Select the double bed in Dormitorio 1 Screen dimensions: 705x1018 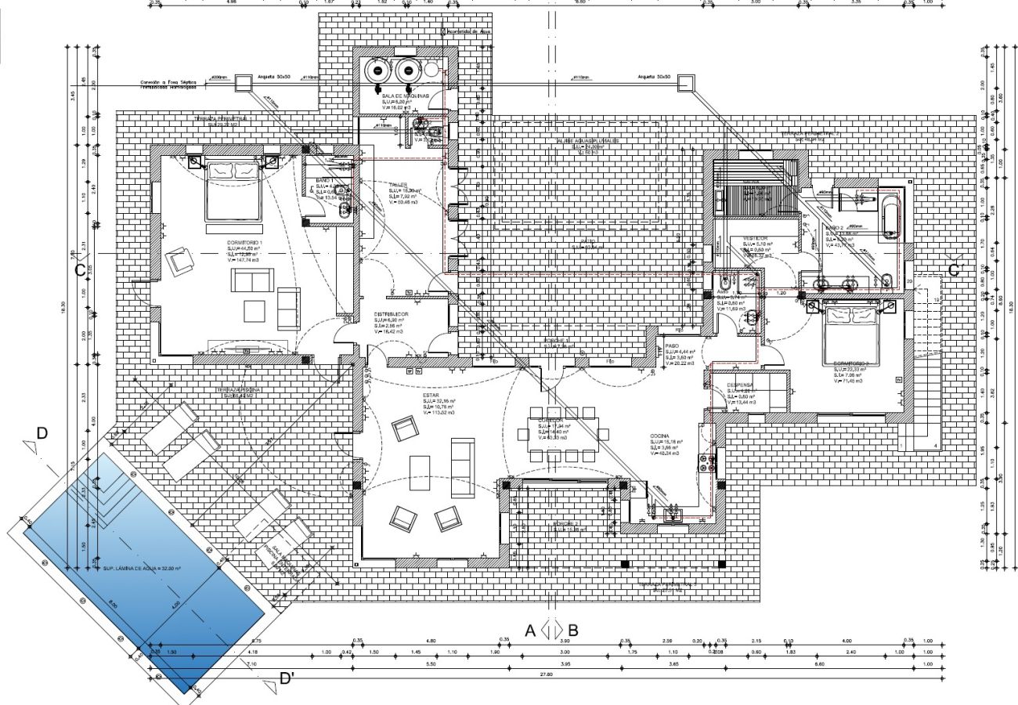233,189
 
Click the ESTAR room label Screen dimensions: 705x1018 431,396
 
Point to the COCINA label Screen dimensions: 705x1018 658,436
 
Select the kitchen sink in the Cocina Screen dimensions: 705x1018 673,515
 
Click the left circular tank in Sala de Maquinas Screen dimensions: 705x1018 378,70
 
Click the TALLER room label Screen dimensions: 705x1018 399,186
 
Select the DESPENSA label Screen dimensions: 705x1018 739,385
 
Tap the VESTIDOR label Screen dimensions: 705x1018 756,237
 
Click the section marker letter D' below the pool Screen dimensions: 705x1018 287,678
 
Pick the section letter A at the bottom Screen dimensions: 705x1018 530,630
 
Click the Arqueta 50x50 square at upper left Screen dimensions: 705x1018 244,81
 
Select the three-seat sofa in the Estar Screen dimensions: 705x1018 461,468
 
